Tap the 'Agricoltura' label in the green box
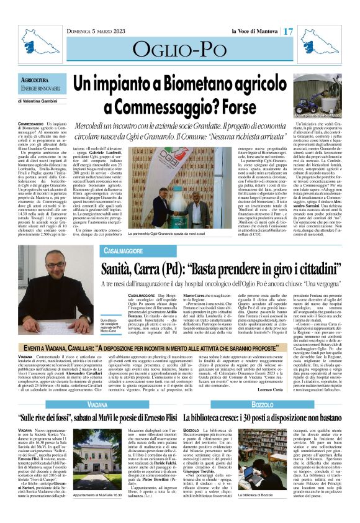point(36,80)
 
